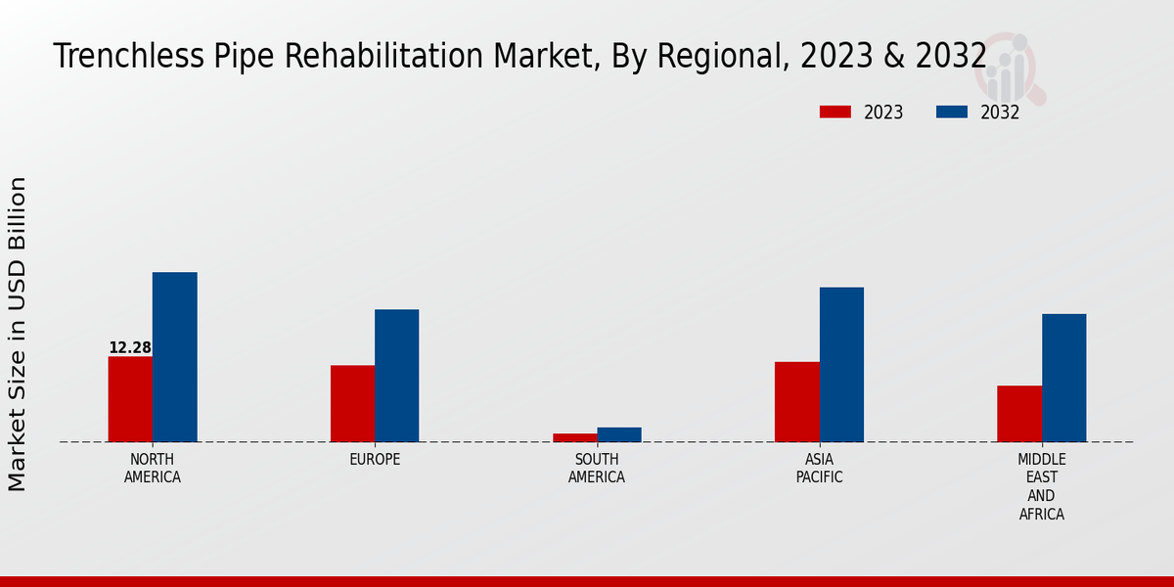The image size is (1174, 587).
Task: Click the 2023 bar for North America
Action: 130,399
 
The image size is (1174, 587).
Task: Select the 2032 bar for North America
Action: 174,357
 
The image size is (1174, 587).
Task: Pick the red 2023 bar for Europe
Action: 352,403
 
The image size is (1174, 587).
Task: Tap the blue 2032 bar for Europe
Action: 396,376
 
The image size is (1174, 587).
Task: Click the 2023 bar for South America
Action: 574,437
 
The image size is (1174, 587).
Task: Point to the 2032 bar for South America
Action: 619,434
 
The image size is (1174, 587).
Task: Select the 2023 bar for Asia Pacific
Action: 796,402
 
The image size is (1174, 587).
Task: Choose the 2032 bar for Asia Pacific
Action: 841,364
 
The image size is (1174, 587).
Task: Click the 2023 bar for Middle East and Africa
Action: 1019,414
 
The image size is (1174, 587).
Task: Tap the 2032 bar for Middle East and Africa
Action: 1063,378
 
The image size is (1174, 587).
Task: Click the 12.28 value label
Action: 130,348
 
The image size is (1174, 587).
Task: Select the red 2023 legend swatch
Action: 835,113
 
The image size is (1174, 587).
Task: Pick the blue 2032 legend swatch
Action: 952,113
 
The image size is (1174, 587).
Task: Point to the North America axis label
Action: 153,469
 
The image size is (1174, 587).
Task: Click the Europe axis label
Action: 375,460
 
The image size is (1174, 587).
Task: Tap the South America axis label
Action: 597,469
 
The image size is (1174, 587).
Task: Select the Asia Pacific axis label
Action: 819,469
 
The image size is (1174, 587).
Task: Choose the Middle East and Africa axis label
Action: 1042,486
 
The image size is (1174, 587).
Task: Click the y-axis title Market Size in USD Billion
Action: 18,334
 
